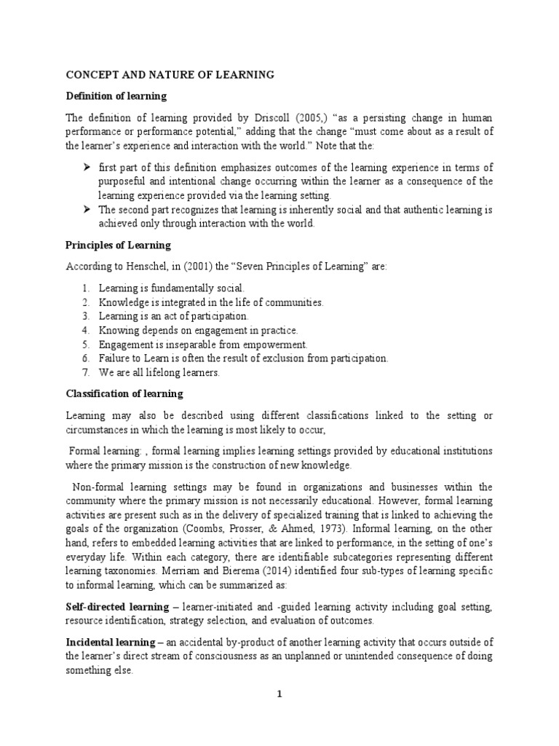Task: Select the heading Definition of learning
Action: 116,96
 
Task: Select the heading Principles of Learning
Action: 119,245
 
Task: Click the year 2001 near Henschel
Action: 194,267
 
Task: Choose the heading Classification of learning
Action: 124,394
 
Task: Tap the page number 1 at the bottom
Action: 278,694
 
